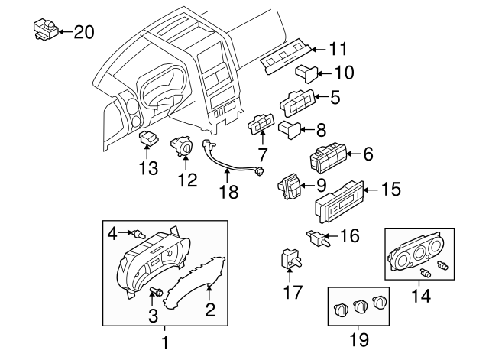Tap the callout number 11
[x=338, y=48]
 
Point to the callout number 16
[x=349, y=236]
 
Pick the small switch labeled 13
[x=149, y=139]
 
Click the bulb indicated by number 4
[x=139, y=232]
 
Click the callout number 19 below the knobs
[x=358, y=338]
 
